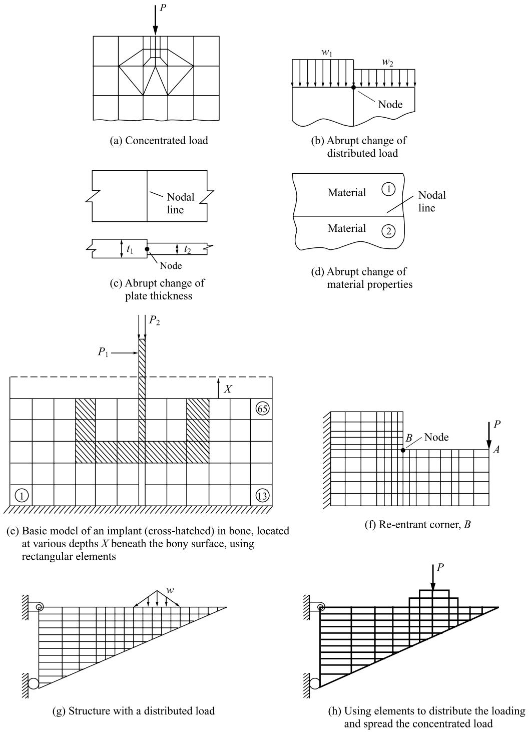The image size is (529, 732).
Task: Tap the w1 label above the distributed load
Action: (327, 53)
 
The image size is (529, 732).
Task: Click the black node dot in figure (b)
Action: (353, 87)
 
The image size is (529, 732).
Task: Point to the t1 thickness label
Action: (130, 250)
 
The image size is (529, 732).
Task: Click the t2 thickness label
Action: (187, 250)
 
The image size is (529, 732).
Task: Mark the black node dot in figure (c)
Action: (147, 249)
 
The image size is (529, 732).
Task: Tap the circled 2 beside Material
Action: (388, 231)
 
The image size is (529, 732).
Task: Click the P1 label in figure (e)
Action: (103, 352)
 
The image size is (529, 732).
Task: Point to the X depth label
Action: (228, 389)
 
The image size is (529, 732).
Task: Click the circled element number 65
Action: (263, 409)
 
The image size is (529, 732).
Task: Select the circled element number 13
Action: (262, 496)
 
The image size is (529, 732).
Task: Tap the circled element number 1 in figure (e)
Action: (22, 496)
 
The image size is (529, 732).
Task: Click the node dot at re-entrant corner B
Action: (403, 450)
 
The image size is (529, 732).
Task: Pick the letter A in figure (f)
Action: (496, 450)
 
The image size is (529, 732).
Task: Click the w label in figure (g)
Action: (170, 590)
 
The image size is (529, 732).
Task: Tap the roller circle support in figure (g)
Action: (33, 683)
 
